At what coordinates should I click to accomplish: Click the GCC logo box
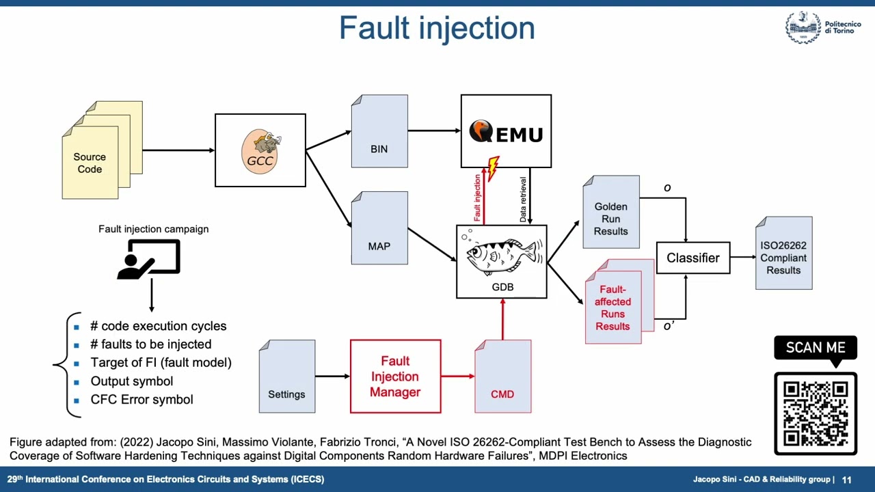tap(260, 150)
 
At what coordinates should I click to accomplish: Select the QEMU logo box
tap(506, 131)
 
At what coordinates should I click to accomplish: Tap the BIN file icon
tap(379, 132)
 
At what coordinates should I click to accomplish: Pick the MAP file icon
tap(379, 228)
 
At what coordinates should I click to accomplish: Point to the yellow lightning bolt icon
tap(493, 168)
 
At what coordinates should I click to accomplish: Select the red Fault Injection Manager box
tap(395, 377)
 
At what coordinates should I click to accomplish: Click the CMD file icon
tap(502, 377)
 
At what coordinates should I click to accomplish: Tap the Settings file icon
tap(287, 377)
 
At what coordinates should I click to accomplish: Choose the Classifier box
tap(692, 258)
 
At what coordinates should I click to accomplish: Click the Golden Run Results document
tap(611, 213)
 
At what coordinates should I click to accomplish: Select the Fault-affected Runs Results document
tap(614, 304)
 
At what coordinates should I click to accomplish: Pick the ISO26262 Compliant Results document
tap(783, 254)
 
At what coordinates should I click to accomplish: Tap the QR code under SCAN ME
tap(816, 413)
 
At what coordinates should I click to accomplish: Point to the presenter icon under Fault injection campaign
tap(149, 259)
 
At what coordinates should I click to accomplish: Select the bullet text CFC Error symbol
tap(142, 400)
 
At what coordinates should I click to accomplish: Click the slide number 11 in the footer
tap(846, 480)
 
